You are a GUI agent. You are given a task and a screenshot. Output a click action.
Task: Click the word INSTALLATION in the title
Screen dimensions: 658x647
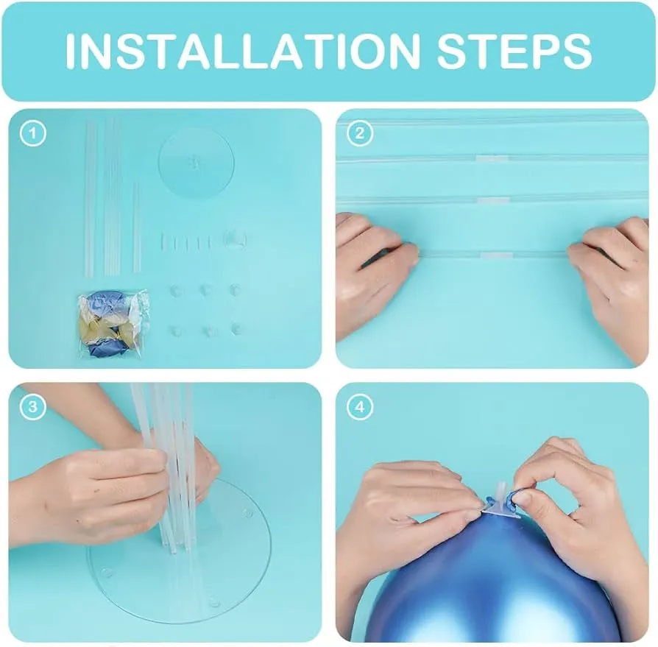tap(243, 51)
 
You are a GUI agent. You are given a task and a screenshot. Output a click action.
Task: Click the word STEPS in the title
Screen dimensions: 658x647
tap(514, 51)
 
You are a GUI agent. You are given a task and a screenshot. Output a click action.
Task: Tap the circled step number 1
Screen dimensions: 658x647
tap(32, 134)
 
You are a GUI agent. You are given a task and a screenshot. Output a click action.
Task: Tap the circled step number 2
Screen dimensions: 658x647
tap(360, 134)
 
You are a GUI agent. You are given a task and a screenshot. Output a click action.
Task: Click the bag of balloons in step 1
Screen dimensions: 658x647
tap(113, 323)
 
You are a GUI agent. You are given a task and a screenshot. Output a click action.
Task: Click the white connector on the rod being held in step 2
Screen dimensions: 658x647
tap(495, 255)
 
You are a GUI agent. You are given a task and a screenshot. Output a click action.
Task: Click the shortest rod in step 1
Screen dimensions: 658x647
tap(137, 227)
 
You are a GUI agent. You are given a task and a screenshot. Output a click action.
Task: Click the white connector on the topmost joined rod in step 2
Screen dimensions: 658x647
tap(492, 158)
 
